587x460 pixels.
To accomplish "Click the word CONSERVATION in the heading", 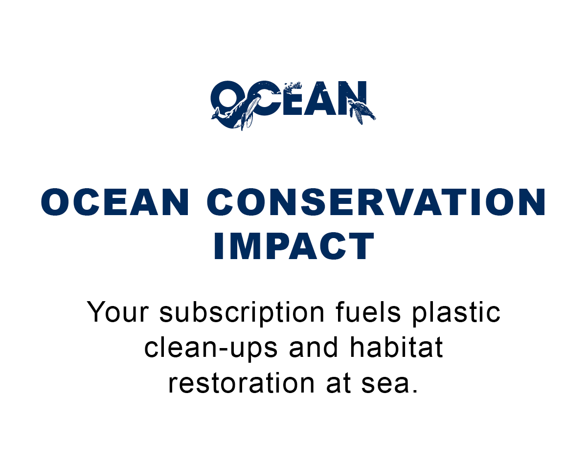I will (377, 202).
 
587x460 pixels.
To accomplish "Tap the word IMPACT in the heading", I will (293, 246).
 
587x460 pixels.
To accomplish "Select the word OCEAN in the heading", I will (115, 202).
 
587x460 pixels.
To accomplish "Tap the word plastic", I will (456, 312).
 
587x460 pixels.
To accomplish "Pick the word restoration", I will (241, 383).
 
